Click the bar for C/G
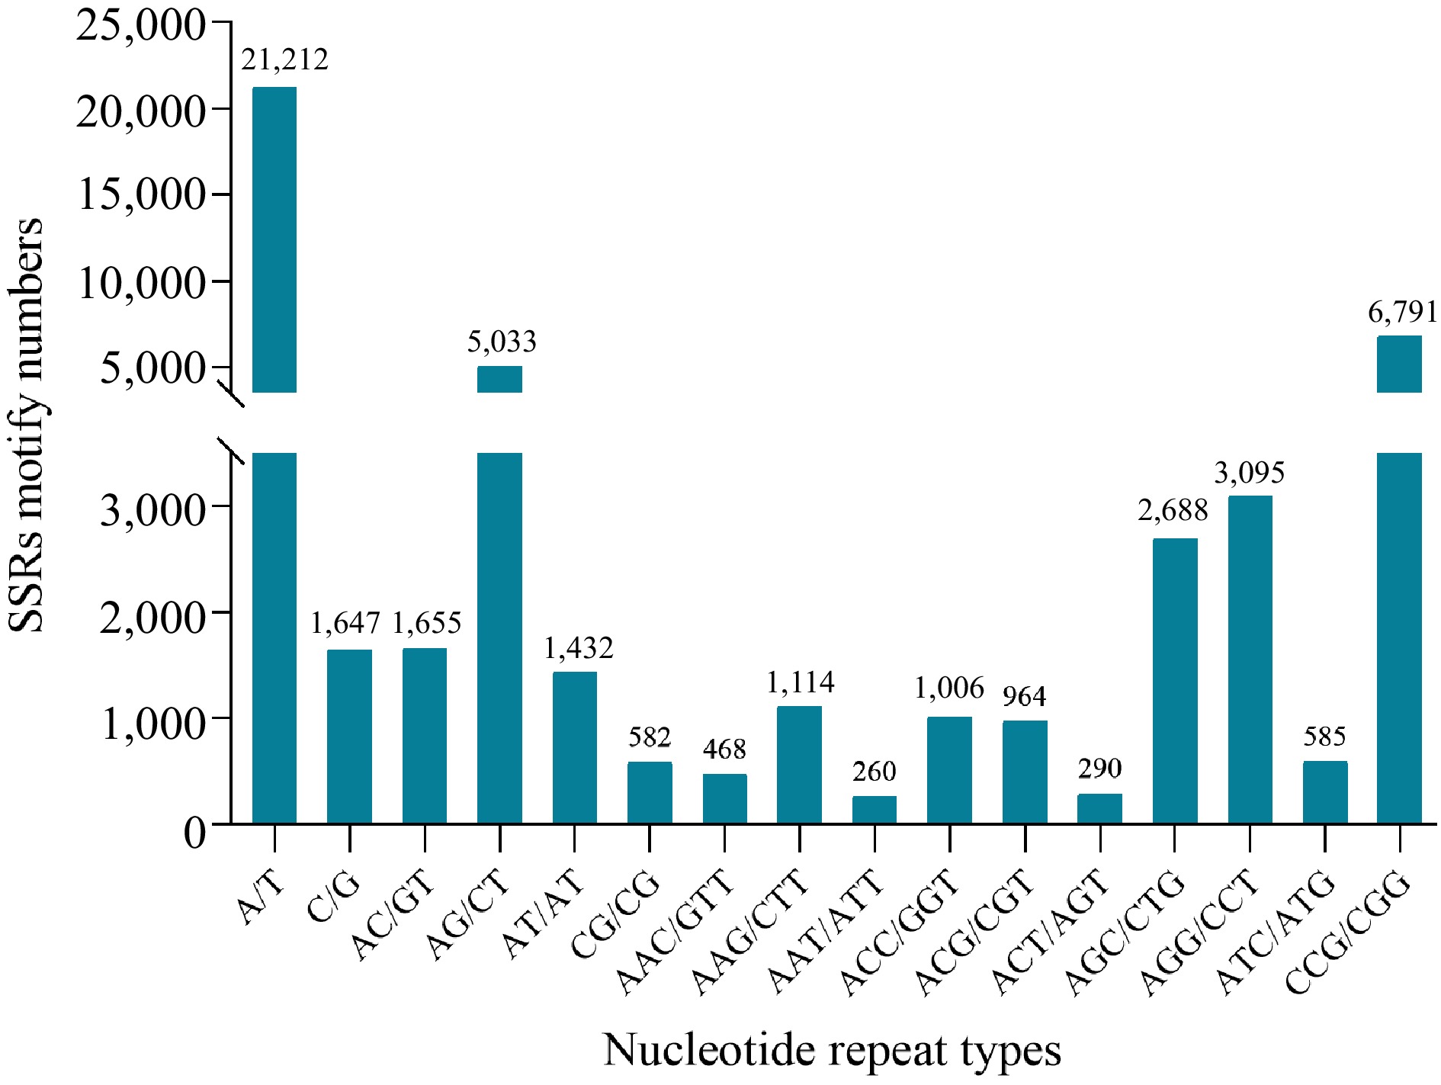[x=349, y=736]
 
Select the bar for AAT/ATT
[x=875, y=809]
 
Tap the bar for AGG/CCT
[x=1250, y=660]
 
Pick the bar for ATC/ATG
[x=1325, y=792]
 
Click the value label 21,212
[x=284, y=59]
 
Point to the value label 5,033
[x=501, y=342]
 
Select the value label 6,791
[x=1401, y=312]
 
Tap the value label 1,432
[x=578, y=648]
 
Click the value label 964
[x=1024, y=696]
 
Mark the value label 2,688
[x=1173, y=510]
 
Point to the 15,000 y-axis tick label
[x=142, y=195]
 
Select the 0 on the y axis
[x=195, y=833]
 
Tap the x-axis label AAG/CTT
[x=751, y=932]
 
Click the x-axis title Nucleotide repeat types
[x=832, y=1050]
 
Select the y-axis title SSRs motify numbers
[x=25, y=425]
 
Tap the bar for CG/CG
[x=650, y=792]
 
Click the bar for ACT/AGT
[x=1099, y=808]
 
